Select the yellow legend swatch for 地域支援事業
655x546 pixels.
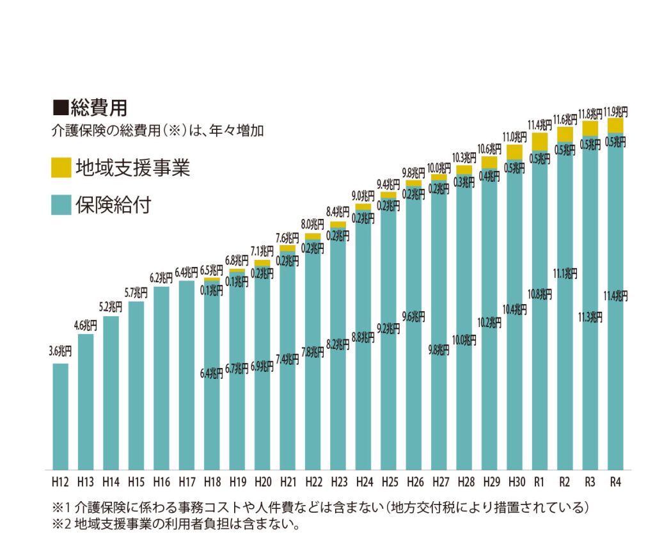[x=61, y=168]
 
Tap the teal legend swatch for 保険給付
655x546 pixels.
[x=61, y=205]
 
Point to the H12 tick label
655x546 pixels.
[x=60, y=481]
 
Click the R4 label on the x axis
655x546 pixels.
[x=615, y=481]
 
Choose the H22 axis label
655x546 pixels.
[x=313, y=481]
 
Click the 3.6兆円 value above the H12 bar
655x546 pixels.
[x=60, y=351]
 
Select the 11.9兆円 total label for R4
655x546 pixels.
[x=615, y=111]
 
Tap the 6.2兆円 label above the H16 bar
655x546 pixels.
[x=161, y=278]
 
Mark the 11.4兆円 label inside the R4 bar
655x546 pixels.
[x=615, y=295]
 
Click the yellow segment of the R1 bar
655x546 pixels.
[x=539, y=141]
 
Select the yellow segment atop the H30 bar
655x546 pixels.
[x=514, y=152]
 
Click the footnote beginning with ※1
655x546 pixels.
[x=320, y=508]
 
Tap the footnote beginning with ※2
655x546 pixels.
[x=176, y=525]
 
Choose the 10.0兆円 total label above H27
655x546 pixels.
[x=439, y=168]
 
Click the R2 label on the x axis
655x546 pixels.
[x=565, y=481]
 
